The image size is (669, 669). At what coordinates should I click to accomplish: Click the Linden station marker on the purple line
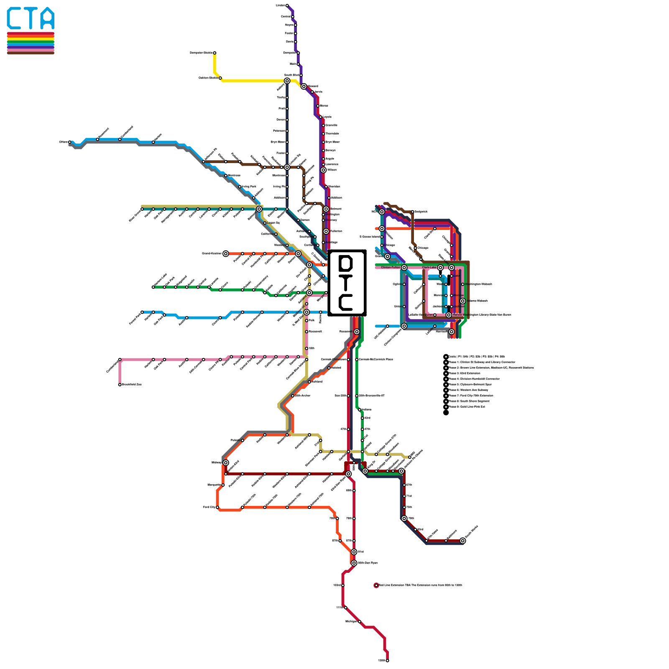point(287,5)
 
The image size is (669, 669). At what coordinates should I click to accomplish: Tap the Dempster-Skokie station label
point(201,53)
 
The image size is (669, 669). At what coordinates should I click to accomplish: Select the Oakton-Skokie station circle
point(220,78)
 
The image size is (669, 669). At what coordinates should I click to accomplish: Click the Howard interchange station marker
point(304,87)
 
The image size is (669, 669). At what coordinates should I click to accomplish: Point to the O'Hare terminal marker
point(70,142)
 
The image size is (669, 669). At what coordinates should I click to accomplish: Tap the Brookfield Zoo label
point(132,385)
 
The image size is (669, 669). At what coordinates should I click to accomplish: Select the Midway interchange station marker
point(226,462)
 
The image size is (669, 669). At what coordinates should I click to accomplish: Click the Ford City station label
point(209,507)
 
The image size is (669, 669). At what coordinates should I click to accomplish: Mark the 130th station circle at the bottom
point(388,661)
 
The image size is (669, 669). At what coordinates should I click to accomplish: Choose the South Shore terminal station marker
point(463,541)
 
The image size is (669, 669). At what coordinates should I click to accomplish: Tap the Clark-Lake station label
point(429,268)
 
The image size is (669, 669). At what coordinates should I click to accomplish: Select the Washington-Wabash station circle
point(463,284)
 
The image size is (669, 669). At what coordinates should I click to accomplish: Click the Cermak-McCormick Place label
point(375,360)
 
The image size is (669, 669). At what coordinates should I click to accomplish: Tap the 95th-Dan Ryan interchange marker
point(354,563)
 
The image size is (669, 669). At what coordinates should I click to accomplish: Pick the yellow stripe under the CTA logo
point(31,38)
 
